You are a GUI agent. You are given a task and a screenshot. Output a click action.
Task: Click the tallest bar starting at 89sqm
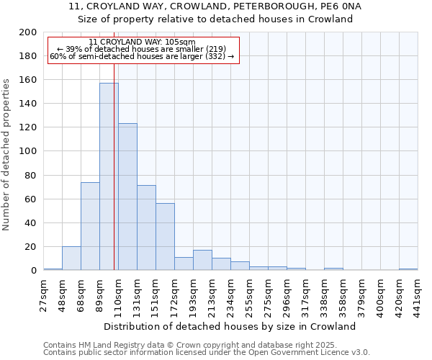pyautogui.click(x=109, y=176)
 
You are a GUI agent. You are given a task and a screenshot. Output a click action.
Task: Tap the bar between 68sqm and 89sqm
pyautogui.click(x=90, y=226)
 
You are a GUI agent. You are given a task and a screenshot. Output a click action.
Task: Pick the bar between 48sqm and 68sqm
pyautogui.click(x=71, y=258)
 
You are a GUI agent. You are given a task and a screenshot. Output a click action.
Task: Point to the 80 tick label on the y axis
pyautogui.click(x=31, y=175)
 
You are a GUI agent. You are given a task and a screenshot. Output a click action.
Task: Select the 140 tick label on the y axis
pyautogui.click(x=28, y=104)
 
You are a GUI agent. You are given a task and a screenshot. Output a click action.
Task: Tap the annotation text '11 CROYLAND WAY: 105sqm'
pyautogui.click(x=142, y=42)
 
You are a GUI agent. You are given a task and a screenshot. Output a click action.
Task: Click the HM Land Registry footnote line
pyautogui.click(x=185, y=346)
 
